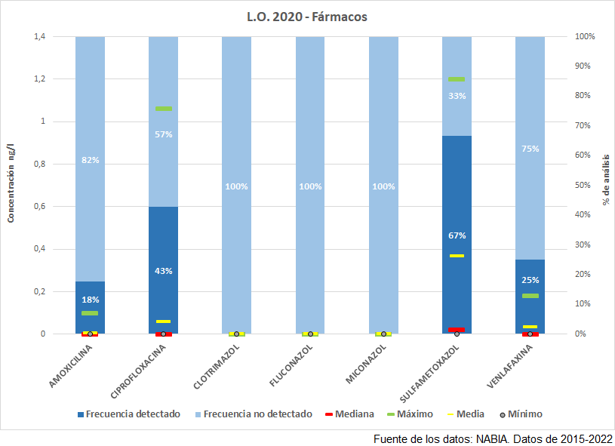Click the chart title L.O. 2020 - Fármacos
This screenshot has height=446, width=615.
[x=307, y=16]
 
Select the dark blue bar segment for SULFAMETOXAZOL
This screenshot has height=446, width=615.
[x=457, y=189]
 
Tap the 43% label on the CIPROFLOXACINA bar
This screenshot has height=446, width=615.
[x=164, y=271]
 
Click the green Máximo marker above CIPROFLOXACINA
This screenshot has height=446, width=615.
[x=164, y=109]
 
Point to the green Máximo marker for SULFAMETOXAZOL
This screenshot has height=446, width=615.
[x=457, y=79]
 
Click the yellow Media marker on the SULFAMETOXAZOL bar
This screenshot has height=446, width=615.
[x=457, y=256]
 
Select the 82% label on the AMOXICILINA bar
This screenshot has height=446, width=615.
[x=91, y=160]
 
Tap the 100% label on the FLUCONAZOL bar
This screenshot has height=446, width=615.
[x=310, y=186]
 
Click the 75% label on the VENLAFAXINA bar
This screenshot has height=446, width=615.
[x=530, y=149]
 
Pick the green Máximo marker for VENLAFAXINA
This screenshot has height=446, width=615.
[x=530, y=296]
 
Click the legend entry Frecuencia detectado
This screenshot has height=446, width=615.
[x=128, y=414]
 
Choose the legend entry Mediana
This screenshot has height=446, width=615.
[x=351, y=414]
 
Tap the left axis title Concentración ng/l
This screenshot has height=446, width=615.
[x=11, y=185]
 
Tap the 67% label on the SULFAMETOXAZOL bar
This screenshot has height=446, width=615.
[x=457, y=235]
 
